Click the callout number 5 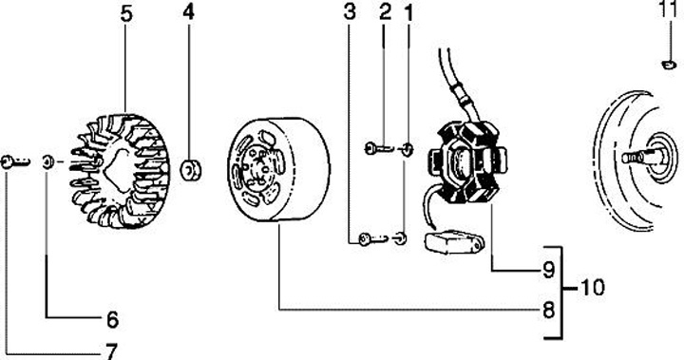click(125, 13)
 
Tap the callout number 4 click(188, 12)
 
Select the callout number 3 click(350, 12)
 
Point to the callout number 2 click(385, 12)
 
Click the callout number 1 click(408, 13)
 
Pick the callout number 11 click(669, 9)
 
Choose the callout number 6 click(112, 320)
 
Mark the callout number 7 click(112, 351)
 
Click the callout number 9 click(548, 270)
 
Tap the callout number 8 click(548, 311)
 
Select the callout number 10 click(593, 288)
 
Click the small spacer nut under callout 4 click(191, 170)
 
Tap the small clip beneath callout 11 click(669, 65)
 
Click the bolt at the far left click(15, 162)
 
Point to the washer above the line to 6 click(48, 162)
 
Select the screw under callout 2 click(378, 149)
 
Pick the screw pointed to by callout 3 click(373, 238)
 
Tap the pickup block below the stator click(452, 241)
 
